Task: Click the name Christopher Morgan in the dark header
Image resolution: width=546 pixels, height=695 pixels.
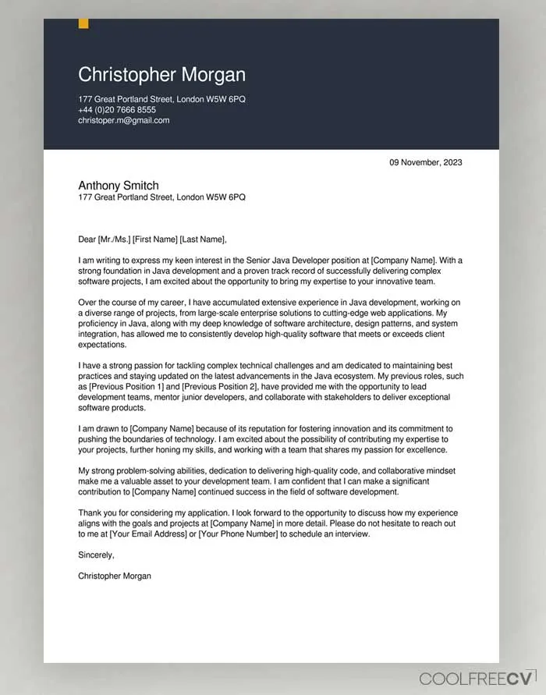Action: click(x=161, y=75)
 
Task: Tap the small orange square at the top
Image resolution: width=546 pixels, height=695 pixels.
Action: click(x=83, y=23)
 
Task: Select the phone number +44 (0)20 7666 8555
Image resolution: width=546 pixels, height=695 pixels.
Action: click(x=117, y=110)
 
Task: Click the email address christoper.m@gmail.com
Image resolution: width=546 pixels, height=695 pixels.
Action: click(x=124, y=121)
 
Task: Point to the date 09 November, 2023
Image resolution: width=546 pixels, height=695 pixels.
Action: click(x=426, y=163)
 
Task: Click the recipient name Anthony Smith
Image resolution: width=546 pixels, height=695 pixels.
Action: click(x=119, y=186)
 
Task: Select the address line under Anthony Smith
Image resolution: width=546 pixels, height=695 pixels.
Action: click(x=161, y=198)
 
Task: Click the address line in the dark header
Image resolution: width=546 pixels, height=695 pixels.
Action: click(x=161, y=100)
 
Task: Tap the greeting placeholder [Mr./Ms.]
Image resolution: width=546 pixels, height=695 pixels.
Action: click(x=114, y=239)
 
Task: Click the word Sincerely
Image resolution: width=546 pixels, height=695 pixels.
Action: click(x=96, y=555)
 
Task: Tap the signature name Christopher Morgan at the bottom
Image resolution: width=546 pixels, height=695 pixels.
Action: click(x=115, y=576)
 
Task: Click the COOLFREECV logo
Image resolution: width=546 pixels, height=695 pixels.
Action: click(x=477, y=677)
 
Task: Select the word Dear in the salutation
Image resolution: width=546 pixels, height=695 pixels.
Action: click(x=87, y=239)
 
